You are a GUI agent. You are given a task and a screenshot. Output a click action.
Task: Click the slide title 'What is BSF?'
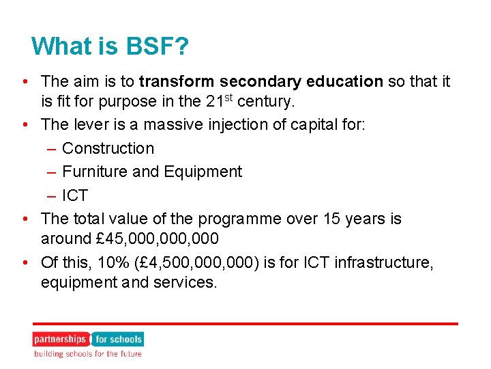click(110, 46)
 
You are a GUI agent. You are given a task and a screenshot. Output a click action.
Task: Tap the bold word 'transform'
click(169, 82)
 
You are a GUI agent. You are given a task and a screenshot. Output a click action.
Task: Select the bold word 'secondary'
click(244, 82)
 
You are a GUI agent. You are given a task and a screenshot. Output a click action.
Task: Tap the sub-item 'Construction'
click(108, 148)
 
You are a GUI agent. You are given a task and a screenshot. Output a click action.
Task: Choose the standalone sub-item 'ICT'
click(74, 195)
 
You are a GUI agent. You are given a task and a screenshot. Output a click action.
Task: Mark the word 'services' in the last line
click(183, 282)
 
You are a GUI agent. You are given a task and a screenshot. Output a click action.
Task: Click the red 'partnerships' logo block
click(60, 339)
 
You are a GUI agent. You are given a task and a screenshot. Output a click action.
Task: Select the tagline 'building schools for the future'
click(88, 354)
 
